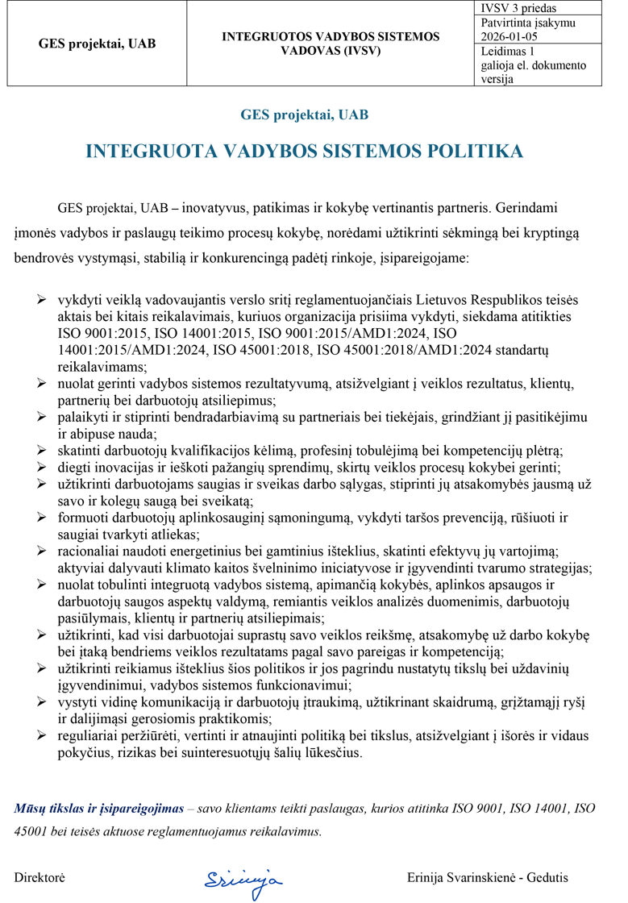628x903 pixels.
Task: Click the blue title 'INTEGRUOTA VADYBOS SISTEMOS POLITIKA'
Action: click(x=305, y=151)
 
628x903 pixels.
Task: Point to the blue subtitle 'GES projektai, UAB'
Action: click(x=305, y=114)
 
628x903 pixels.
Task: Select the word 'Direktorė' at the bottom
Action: click(x=40, y=877)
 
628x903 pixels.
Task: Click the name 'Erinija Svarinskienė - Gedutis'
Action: click(x=488, y=877)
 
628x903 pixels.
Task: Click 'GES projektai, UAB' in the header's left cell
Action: click(x=98, y=44)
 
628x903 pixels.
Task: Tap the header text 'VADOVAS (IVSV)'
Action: click(x=331, y=51)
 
